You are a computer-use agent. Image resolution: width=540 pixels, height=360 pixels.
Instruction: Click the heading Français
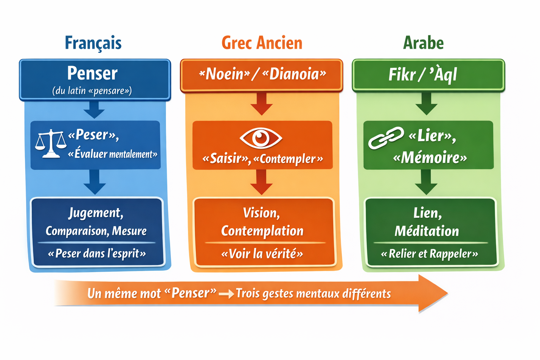[93, 43]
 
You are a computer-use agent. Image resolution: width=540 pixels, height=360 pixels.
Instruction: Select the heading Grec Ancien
[262, 43]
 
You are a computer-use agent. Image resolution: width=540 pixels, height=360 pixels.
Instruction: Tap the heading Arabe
[423, 43]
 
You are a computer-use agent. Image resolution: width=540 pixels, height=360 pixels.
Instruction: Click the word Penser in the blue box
[92, 73]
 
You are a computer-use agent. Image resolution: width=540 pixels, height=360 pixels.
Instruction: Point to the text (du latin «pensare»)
[92, 91]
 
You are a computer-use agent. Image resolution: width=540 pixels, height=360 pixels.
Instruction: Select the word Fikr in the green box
[402, 75]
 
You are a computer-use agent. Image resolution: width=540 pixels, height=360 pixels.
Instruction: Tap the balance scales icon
[51, 143]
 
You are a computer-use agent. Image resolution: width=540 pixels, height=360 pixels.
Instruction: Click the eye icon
[261, 137]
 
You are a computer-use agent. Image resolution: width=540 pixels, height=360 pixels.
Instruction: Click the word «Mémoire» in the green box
[430, 158]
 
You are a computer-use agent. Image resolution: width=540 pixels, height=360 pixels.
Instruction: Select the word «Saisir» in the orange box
[226, 159]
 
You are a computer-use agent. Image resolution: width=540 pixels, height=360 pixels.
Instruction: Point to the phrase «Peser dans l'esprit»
[97, 253]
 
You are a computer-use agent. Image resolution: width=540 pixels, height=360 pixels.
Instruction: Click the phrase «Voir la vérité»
[262, 253]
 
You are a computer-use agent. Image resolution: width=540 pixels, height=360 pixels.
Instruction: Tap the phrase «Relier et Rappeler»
[429, 253]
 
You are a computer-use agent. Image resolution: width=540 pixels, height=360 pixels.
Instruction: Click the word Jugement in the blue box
[96, 213]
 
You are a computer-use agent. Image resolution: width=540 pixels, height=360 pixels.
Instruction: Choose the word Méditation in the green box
[427, 231]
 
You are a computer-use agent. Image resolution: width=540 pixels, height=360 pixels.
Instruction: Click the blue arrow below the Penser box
[94, 109]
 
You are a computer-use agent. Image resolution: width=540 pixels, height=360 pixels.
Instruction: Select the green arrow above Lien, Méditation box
[426, 182]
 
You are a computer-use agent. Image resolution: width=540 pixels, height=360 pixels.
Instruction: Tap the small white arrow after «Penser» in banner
[226, 294]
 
